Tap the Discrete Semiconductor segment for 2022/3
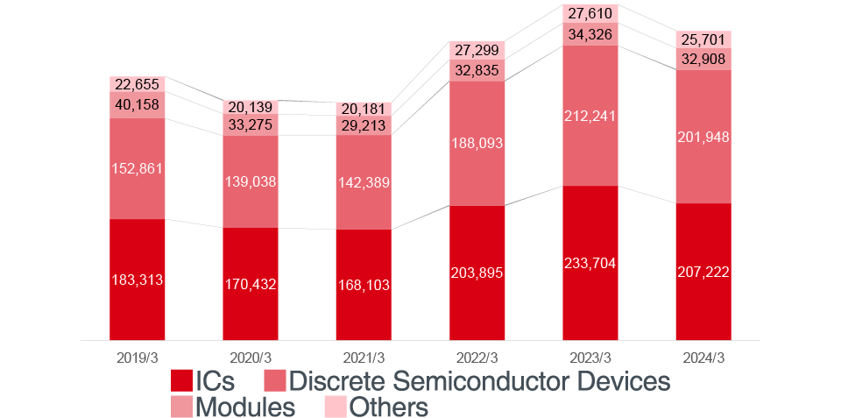477,143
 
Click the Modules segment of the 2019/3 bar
138,106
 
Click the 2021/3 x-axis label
364,358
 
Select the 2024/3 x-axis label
703,358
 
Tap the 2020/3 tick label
251,358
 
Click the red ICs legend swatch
180,381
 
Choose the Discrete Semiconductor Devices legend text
479,381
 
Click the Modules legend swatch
180,407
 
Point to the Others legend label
389,407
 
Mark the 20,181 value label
364,109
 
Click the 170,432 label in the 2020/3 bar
251,284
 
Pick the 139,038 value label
251,182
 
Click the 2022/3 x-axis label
477,358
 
